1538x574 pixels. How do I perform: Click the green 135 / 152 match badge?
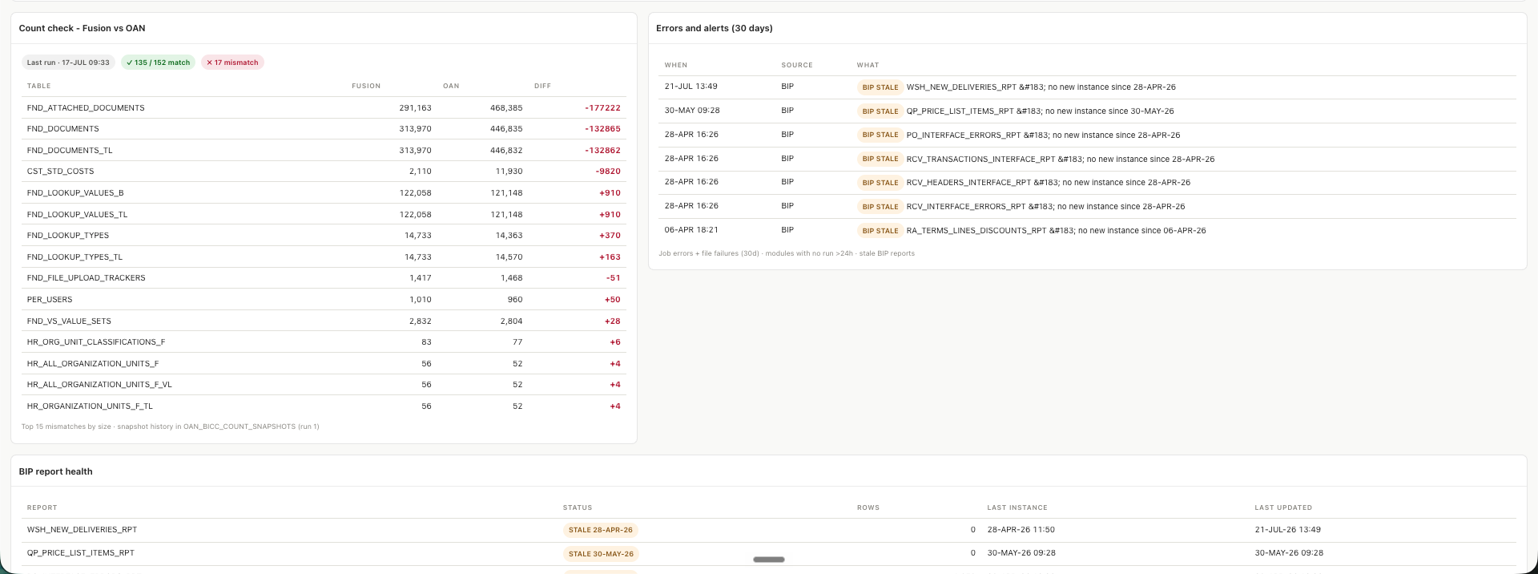click(158, 63)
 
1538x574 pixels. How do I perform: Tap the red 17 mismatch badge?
click(232, 63)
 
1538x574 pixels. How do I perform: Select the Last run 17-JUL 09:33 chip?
click(68, 63)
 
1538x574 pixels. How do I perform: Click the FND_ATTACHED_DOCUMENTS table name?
click(86, 107)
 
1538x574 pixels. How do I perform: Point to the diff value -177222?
click(602, 107)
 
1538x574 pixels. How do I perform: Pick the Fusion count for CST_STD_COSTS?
click(420, 172)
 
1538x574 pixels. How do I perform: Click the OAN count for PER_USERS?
click(515, 300)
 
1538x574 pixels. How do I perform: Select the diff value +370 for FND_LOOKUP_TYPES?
click(610, 236)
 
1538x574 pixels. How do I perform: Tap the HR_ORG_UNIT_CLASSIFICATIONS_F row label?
click(96, 342)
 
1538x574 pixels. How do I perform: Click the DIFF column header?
click(542, 86)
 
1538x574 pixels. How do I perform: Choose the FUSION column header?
click(366, 86)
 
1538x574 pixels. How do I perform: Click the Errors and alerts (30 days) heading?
click(715, 28)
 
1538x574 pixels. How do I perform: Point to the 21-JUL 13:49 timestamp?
click(690, 87)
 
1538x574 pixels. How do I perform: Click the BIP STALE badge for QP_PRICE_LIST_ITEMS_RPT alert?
click(880, 111)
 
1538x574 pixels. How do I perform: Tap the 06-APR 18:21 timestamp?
click(690, 230)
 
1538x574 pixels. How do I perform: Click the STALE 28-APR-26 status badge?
click(601, 530)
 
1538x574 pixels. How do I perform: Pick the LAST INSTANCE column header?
click(1017, 507)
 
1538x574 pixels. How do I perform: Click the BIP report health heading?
click(56, 471)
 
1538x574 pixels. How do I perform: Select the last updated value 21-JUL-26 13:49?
click(1288, 530)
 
